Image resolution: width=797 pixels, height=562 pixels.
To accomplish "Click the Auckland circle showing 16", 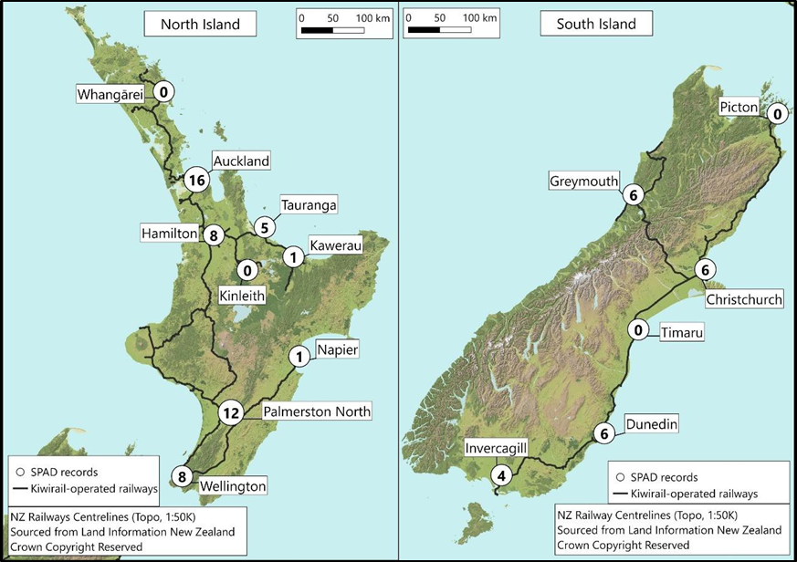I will pos(195,181).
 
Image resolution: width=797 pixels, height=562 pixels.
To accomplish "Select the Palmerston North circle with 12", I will pos(230,413).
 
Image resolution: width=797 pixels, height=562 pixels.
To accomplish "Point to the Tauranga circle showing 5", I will pos(265,227).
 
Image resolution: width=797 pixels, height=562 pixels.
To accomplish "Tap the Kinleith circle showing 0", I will pos(246,270).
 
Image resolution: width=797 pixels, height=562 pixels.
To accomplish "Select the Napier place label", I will pos(338,349).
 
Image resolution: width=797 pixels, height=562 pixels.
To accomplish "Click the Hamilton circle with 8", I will pos(212,234).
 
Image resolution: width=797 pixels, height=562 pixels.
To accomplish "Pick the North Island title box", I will pos(200,25).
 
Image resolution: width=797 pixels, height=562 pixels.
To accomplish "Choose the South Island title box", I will pos(596,25).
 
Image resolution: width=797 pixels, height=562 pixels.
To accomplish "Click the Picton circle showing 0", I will pos(776,114).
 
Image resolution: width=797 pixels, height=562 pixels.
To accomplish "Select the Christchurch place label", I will pos(743,299).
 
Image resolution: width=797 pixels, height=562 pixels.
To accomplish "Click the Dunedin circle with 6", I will pos(601,434).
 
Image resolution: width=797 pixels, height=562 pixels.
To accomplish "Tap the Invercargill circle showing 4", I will pos(499,475).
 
